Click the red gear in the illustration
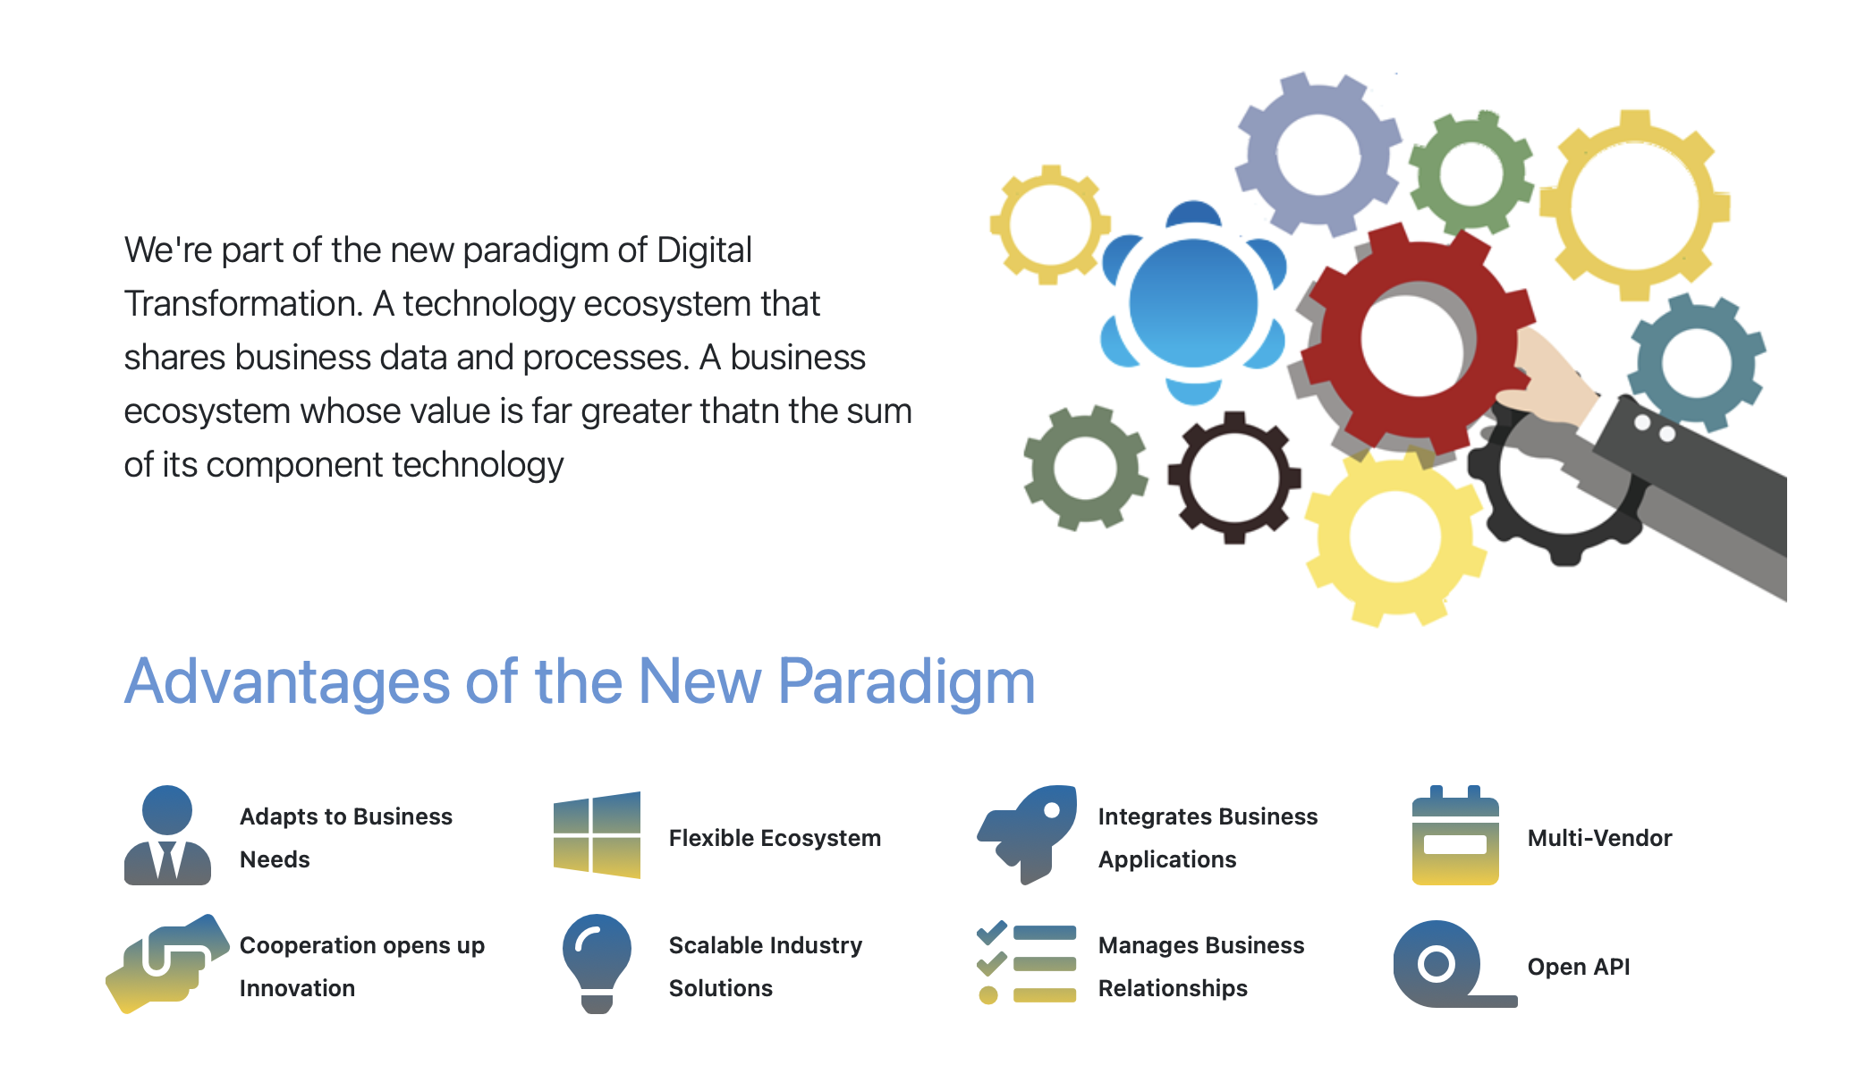pyautogui.click(x=1342, y=340)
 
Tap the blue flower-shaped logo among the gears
pyautogui.click(x=1193, y=304)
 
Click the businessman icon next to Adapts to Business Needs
pyautogui.click(x=167, y=835)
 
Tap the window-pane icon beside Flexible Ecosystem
pyautogui.click(x=597, y=835)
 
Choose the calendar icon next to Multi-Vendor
pyautogui.click(x=1455, y=835)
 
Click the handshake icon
pyautogui.click(x=166, y=964)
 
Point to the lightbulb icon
pyautogui.click(x=597, y=964)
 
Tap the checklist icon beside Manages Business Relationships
pyautogui.click(x=1027, y=964)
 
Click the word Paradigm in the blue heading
pyautogui.click(x=906, y=683)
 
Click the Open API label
pyautogui.click(x=1579, y=967)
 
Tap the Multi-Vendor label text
pyautogui.click(x=1599, y=838)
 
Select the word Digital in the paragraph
pyautogui.click(x=704, y=250)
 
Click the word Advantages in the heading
pyautogui.click(x=287, y=683)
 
